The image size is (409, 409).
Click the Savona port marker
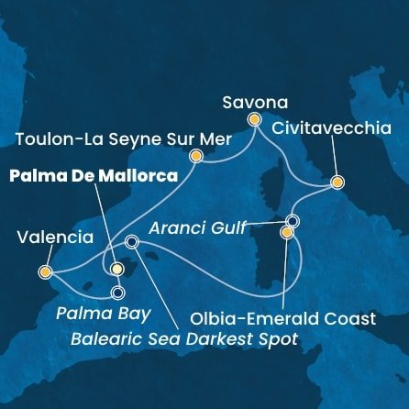coord(254,119)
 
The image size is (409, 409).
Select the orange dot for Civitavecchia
coord(337,182)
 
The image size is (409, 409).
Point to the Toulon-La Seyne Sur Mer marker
coord(195,157)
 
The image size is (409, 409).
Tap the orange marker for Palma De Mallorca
coord(116,270)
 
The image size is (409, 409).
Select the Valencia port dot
coord(45,271)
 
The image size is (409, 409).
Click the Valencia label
coord(55,238)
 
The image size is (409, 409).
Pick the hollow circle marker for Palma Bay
coord(117,293)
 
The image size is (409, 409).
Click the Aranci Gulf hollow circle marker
coord(293,221)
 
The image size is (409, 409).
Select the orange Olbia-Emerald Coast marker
coord(287,234)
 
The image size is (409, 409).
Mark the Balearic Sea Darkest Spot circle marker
coord(131,242)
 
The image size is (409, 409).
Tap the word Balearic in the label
coord(105,339)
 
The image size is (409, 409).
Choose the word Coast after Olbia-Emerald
coord(354,319)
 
